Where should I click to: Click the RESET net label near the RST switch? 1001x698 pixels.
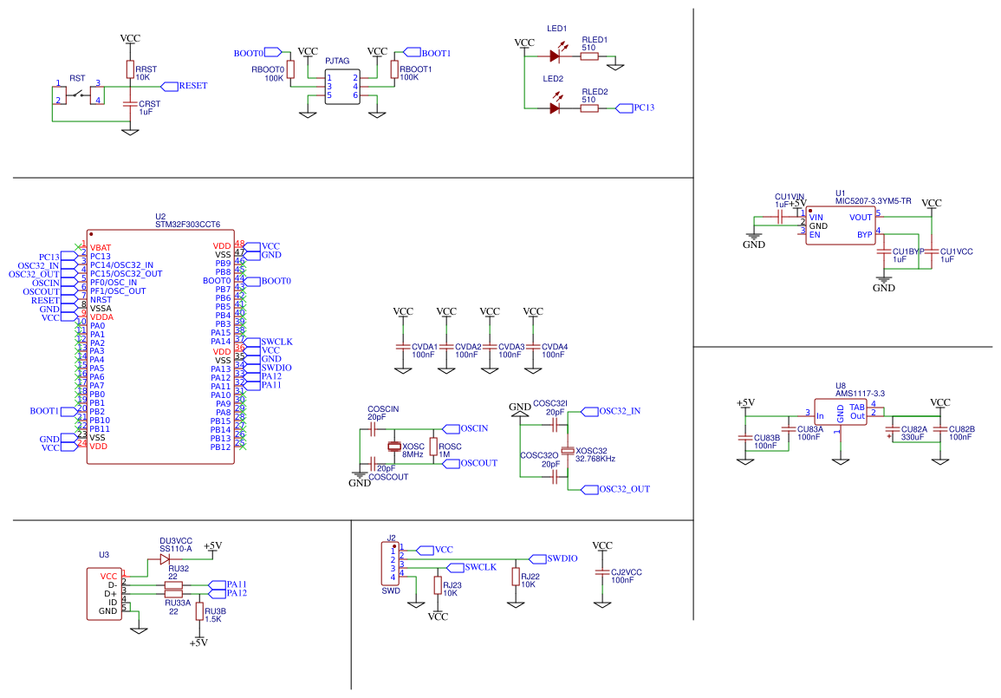click(192, 86)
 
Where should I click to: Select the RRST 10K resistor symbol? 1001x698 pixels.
click(130, 69)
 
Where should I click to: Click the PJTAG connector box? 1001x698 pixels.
click(342, 86)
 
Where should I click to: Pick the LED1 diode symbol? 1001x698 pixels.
click(556, 56)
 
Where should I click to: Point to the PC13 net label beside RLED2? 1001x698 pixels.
click(642, 108)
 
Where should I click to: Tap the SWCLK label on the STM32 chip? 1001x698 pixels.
click(276, 342)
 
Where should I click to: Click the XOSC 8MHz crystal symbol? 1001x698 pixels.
click(395, 447)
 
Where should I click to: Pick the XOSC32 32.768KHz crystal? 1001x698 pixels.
click(568, 451)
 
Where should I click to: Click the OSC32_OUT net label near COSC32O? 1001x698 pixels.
click(623, 489)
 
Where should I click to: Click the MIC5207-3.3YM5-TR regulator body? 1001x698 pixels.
click(840, 225)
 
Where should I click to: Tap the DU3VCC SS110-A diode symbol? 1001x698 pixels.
click(166, 558)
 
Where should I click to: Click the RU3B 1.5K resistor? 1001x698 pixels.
click(199, 611)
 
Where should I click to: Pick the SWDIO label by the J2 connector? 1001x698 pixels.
click(562, 558)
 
